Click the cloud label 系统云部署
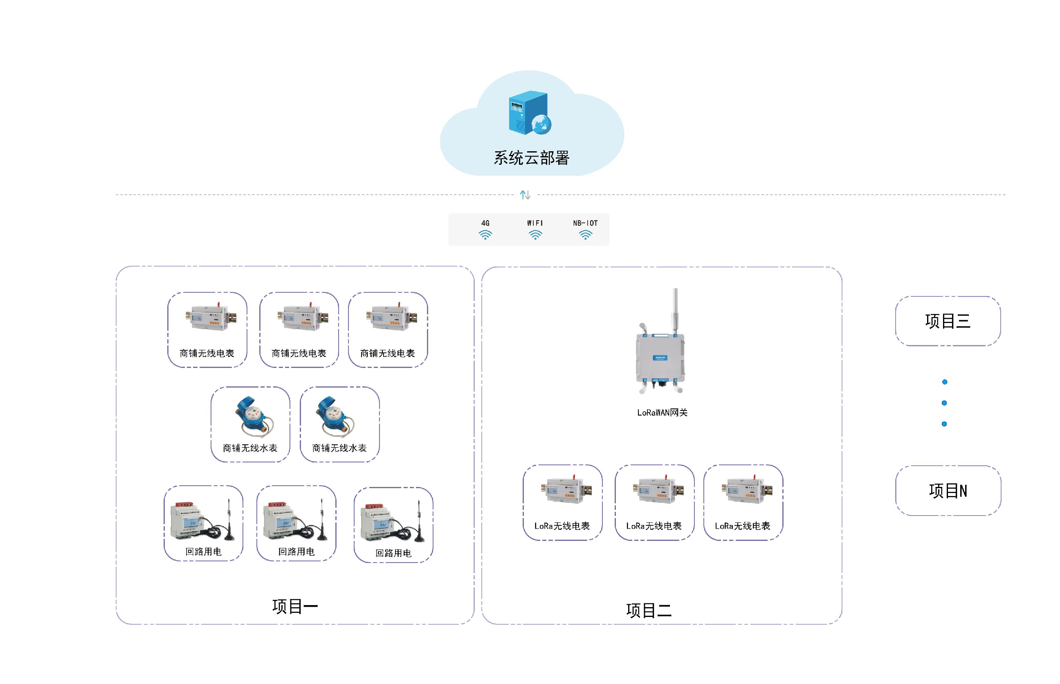pyautogui.click(x=531, y=158)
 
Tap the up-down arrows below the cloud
pyautogui.click(x=525, y=195)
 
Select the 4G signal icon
pyautogui.click(x=485, y=235)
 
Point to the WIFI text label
pyautogui.click(x=535, y=223)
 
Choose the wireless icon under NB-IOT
pyautogui.click(x=586, y=235)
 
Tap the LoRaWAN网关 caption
pyautogui.click(x=662, y=413)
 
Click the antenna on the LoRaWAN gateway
pyautogui.click(x=675, y=311)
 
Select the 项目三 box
pyautogui.click(x=948, y=321)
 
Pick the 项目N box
pyautogui.click(x=948, y=491)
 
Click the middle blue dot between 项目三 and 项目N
pyautogui.click(x=944, y=403)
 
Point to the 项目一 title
pyautogui.click(x=295, y=606)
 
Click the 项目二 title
pyautogui.click(x=649, y=611)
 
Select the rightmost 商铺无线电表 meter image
pyautogui.click(x=391, y=317)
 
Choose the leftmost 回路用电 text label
pyautogui.click(x=204, y=552)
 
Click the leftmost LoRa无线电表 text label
pyautogui.click(x=562, y=526)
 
